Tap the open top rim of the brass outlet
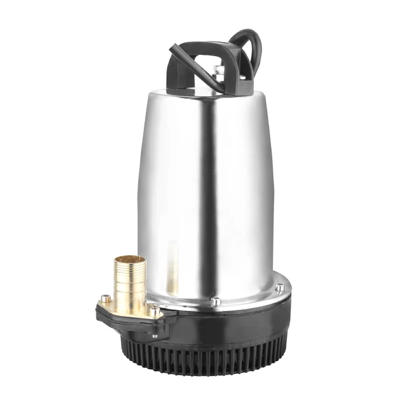pyautogui.click(x=129, y=260)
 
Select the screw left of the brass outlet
pyautogui.click(x=105, y=299)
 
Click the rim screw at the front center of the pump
pyautogui.click(x=215, y=301)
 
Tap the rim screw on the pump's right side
pyautogui.click(x=280, y=287)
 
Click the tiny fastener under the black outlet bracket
pyautogui.click(x=154, y=336)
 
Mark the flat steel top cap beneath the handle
pyautogui.click(x=210, y=89)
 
